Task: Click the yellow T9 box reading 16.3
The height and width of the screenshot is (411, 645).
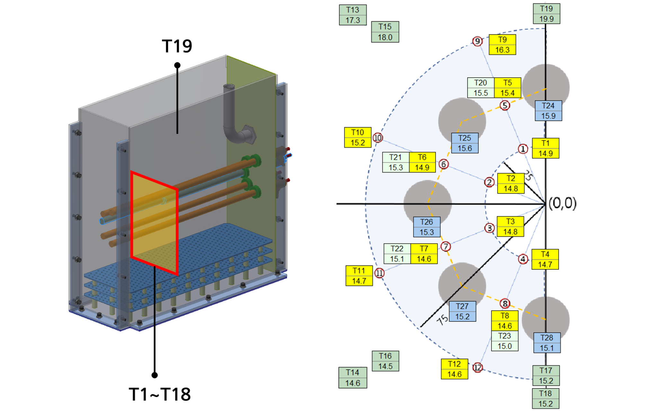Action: pos(502,45)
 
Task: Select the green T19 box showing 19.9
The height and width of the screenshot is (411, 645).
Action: pos(546,14)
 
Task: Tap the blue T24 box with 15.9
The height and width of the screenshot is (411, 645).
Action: pos(548,111)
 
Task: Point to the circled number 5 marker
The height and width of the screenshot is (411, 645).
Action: pos(505,105)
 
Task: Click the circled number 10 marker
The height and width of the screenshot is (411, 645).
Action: pos(377,138)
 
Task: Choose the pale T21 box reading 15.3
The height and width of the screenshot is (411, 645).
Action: pos(395,162)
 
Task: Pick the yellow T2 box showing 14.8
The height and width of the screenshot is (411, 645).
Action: pos(510,184)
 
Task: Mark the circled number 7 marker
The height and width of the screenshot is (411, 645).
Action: pos(446,246)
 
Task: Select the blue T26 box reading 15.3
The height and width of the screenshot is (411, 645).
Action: pos(426,227)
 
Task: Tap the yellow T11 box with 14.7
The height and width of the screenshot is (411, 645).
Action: pos(359,276)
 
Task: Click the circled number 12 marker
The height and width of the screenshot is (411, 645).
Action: pos(477,367)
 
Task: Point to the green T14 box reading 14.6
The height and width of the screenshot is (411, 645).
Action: pos(352,378)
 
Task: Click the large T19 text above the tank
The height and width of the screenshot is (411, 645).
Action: pos(177,46)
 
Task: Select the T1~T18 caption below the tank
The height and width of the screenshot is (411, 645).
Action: pos(160,394)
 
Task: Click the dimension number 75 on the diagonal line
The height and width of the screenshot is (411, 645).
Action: pos(442,320)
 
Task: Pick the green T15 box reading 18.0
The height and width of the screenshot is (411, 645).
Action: pos(385,32)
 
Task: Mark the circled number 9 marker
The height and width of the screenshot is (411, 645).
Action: pos(477,41)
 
